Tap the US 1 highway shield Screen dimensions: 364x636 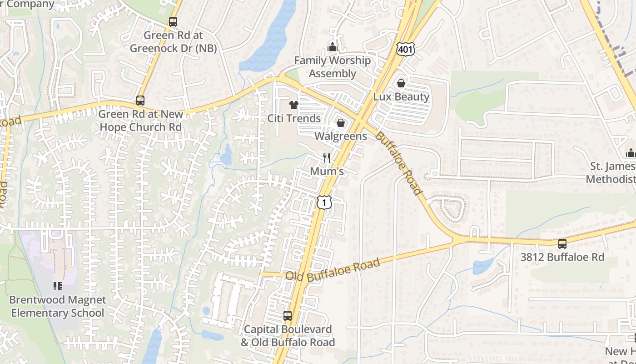[x=324, y=202]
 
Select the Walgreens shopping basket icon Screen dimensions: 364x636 [x=340, y=123]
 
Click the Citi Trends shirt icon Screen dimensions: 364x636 [x=293, y=106]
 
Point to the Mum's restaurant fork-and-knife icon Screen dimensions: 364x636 [x=327, y=158]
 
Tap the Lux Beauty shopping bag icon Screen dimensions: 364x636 [x=401, y=83]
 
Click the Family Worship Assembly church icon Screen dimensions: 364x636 [x=333, y=47]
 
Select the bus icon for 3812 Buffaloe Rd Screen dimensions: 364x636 [x=562, y=244]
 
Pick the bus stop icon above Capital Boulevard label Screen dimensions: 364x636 [x=288, y=315]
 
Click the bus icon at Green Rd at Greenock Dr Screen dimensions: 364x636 [x=173, y=21]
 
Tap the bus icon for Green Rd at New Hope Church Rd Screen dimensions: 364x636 [x=140, y=101]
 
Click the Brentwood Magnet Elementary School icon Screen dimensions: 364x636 [x=57, y=286]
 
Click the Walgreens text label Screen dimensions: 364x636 [x=341, y=136]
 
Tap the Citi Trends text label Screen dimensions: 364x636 [x=294, y=118]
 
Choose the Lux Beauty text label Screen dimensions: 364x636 [x=401, y=96]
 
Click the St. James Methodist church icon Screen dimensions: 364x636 [x=631, y=153]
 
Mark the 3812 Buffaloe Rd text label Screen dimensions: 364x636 [x=562, y=257]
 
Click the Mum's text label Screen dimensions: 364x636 [x=327, y=171]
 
